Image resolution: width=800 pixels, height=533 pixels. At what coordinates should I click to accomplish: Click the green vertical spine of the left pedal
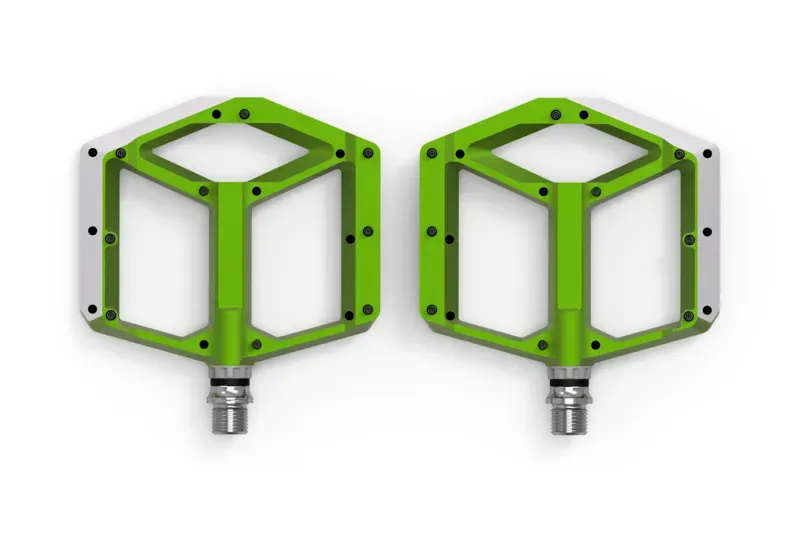pos(231,270)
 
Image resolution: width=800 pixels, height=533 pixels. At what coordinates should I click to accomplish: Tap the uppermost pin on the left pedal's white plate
pos(92,152)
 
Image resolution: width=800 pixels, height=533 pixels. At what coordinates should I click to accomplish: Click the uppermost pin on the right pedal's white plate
pos(708,152)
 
